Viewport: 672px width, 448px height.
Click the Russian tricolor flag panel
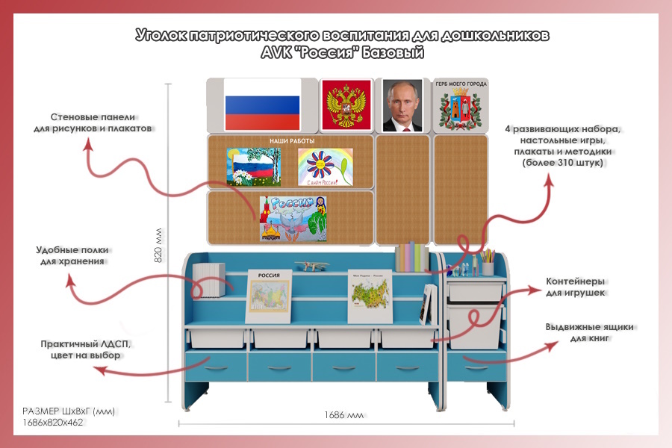coord(262,105)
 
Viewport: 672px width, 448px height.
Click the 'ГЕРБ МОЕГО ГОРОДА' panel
coord(461,105)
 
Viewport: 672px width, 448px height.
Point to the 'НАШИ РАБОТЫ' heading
coord(292,140)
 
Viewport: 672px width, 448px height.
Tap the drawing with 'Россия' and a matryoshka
coord(294,218)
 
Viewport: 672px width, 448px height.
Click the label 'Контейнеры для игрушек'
coord(576,287)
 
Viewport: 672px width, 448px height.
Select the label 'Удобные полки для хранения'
coord(72,255)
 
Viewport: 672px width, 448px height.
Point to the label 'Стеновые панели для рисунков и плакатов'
coord(93,122)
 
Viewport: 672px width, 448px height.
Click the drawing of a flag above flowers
coord(254,166)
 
